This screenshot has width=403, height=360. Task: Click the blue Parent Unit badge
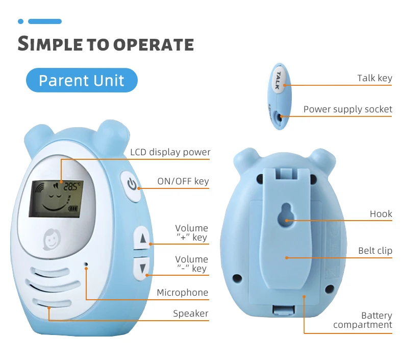pos(82,80)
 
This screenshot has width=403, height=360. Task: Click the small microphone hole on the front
pos(86,265)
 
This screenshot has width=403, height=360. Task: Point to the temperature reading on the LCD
pos(71,187)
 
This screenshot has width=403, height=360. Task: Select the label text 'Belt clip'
pos(375,251)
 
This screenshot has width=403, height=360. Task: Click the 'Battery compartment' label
pos(363,320)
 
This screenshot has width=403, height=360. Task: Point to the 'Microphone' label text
pos(182,293)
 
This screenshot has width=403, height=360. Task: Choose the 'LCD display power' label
pos(170,152)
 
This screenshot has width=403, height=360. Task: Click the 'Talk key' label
pos(374,78)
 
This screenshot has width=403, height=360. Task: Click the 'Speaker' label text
pos(190,314)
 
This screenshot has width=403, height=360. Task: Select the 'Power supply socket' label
pos(347,109)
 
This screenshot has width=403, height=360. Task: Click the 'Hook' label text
pos(381,214)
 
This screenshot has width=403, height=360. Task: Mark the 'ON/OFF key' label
pos(183,181)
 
